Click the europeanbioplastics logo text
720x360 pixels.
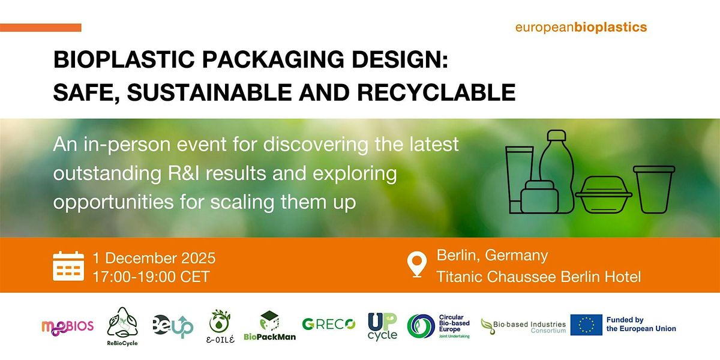(581, 27)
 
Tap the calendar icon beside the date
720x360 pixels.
(68, 266)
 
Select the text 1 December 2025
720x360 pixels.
(154, 259)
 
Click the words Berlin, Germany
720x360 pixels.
(492, 256)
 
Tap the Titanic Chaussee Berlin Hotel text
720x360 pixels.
(538, 277)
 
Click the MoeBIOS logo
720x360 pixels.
(67, 326)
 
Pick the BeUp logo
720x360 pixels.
(172, 326)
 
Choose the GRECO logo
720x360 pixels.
(328, 325)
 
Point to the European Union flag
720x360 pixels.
(586, 325)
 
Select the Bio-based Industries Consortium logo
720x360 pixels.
(523, 326)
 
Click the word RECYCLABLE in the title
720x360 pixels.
(440, 92)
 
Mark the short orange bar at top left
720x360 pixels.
(40, 28)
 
